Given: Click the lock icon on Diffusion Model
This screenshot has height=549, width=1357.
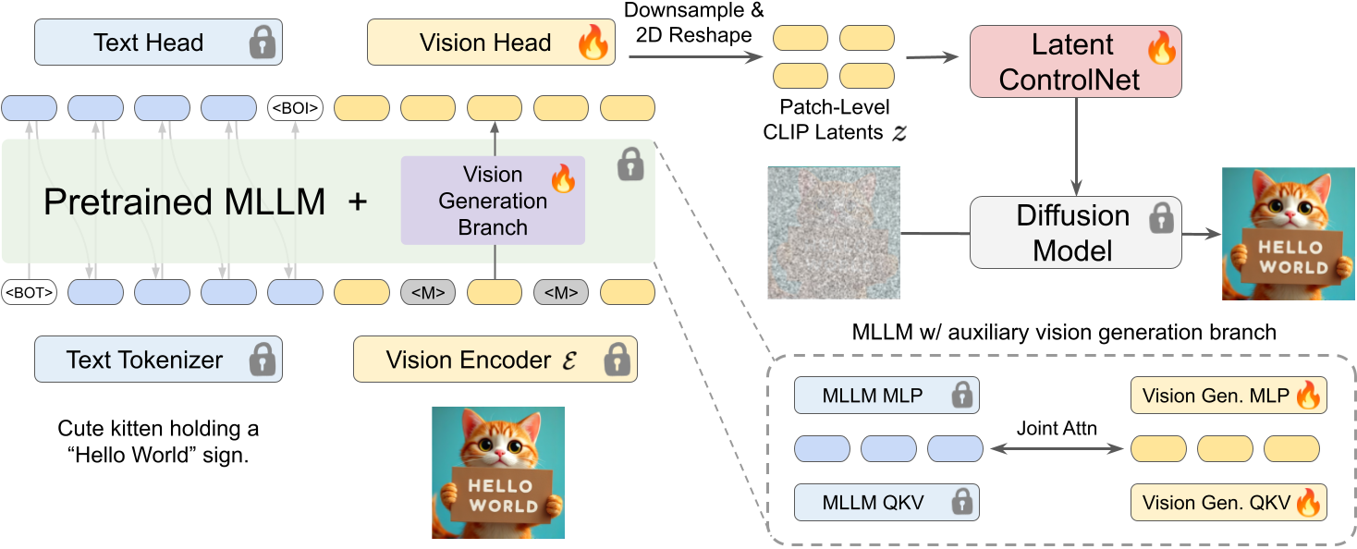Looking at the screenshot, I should click(x=1159, y=220).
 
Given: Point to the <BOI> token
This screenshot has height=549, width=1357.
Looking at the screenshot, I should click(x=295, y=108).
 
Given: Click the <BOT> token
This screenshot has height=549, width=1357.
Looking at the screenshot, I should click(x=29, y=293).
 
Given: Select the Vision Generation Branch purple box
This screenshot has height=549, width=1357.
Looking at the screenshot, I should click(x=493, y=201).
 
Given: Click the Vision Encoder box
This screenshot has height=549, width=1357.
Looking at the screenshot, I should click(x=495, y=360).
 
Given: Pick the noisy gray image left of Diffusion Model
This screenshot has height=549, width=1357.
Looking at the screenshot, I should click(x=834, y=232).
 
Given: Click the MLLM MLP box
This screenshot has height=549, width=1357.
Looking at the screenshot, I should click(x=886, y=396).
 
